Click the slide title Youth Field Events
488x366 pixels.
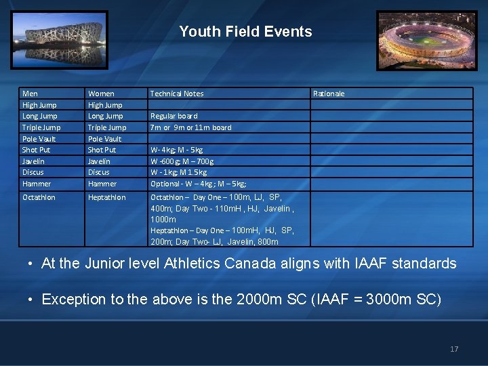245,32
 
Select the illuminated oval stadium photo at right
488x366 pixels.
426,40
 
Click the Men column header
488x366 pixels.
30,94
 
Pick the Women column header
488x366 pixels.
101,94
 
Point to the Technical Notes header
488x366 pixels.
176,94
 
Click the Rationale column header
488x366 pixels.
329,94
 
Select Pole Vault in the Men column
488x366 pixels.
39,139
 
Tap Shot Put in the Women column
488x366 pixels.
102,150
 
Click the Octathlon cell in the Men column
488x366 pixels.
39,197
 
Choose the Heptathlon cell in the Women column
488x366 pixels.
106,197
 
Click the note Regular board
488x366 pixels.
174,116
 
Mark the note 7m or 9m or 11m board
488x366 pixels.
190,127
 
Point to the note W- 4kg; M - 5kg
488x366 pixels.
176,150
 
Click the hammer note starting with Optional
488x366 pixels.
198,184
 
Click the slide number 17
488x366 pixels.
454,349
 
